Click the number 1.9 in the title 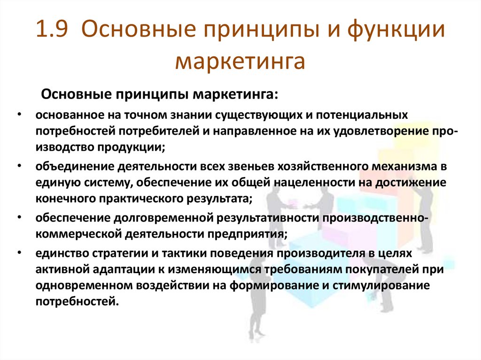point(53,31)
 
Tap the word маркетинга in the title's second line point(240,62)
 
